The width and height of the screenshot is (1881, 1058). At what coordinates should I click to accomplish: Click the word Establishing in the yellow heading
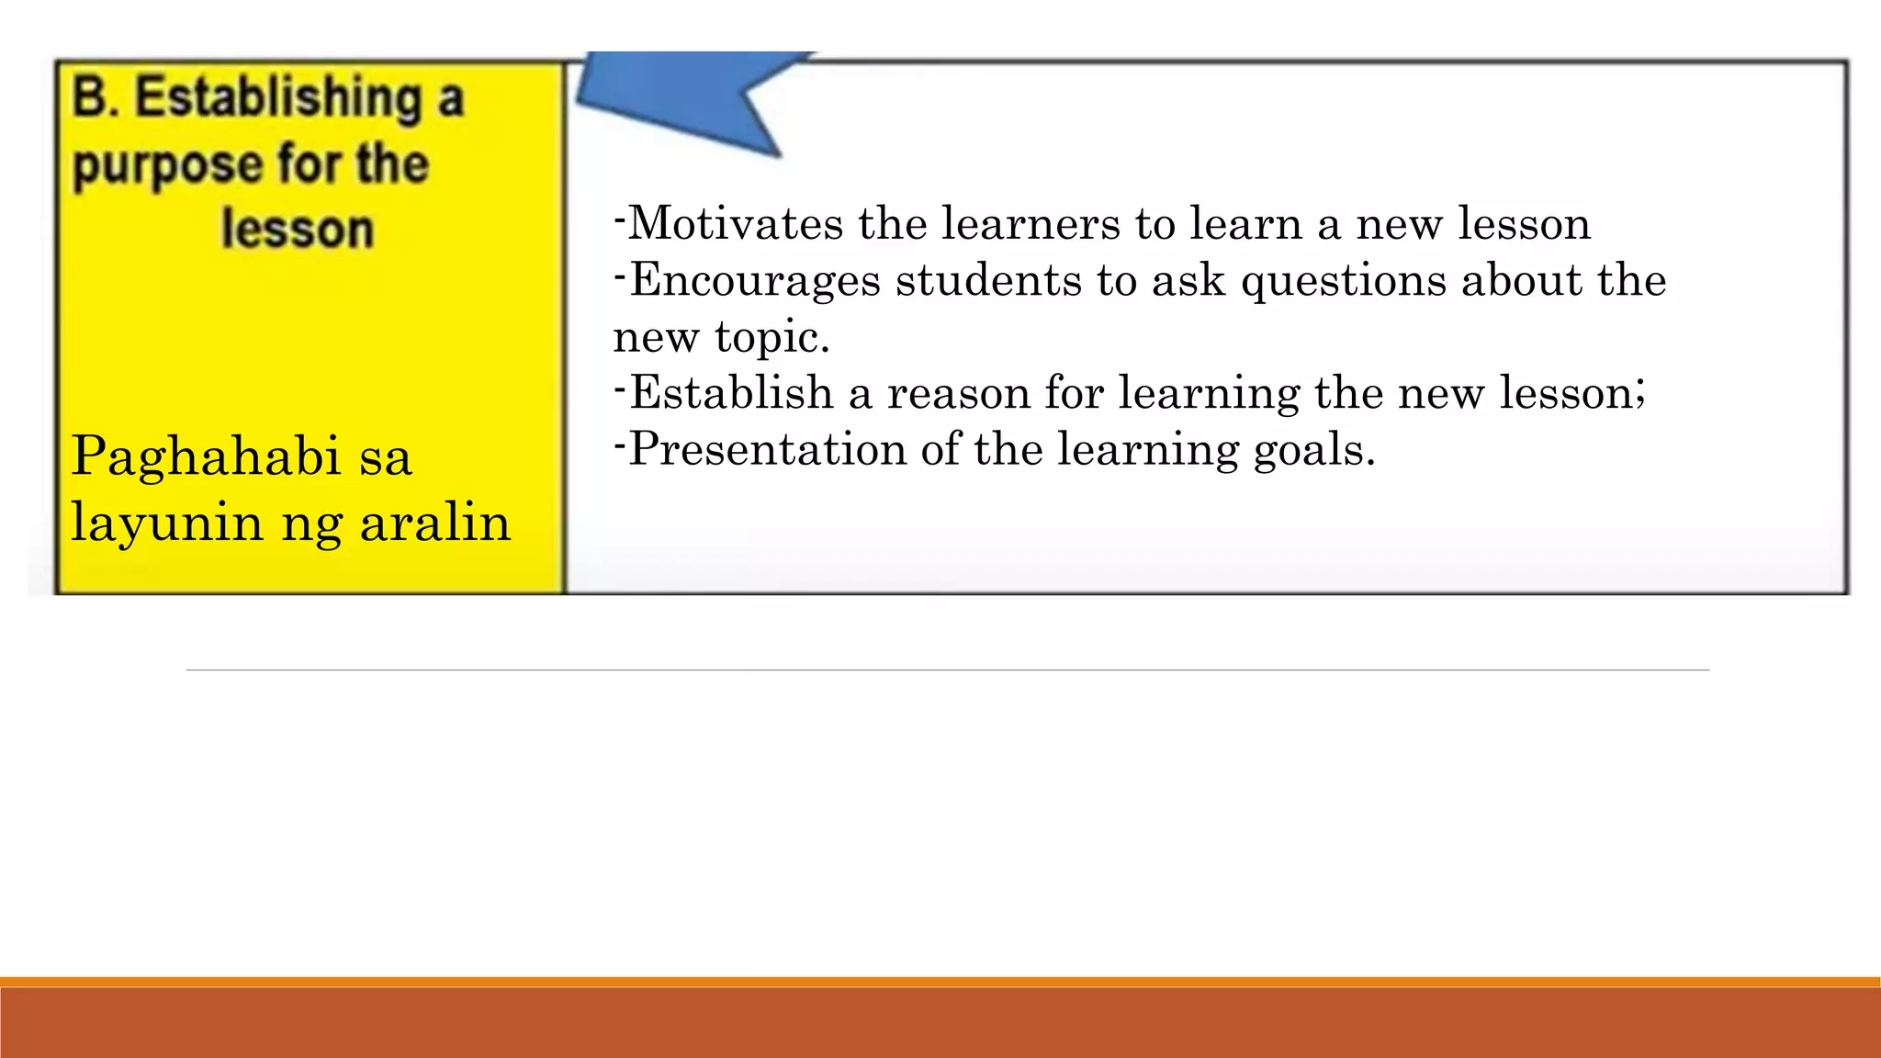[277, 98]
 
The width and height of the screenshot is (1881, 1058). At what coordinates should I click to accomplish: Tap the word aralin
[434, 523]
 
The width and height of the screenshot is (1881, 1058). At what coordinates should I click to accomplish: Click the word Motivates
[736, 223]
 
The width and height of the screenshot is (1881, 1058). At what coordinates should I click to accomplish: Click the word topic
[772, 338]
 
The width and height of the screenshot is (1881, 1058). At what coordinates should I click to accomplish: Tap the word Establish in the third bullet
[731, 393]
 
